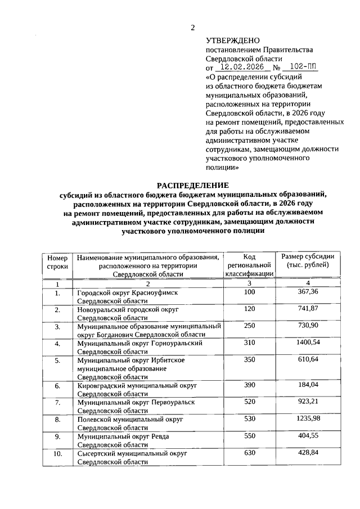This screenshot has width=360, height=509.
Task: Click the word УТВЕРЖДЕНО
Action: pos(233,40)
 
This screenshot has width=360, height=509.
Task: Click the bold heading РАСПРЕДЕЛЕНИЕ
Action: pos(192,184)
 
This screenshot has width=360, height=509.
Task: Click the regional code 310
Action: pos(249,342)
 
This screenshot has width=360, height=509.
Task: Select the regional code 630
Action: pos(249,453)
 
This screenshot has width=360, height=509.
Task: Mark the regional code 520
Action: pos(249,402)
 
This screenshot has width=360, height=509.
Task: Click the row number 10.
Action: pos(57,453)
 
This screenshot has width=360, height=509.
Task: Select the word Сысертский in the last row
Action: pos(95,453)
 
